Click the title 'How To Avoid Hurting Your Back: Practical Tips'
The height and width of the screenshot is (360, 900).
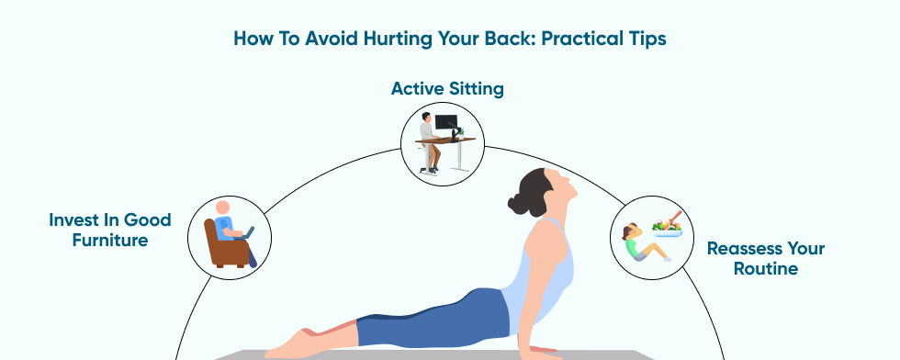pyautogui.click(x=449, y=39)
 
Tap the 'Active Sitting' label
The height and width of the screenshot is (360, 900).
pyautogui.click(x=447, y=89)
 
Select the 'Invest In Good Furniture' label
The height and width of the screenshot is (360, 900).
pyautogui.click(x=110, y=230)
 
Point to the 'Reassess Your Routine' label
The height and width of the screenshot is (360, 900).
pyautogui.click(x=766, y=258)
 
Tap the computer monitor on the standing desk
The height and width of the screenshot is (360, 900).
pyautogui.click(x=446, y=123)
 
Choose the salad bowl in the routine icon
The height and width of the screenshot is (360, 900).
pyautogui.click(x=667, y=230)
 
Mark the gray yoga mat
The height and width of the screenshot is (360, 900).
pyautogui.click(x=436, y=354)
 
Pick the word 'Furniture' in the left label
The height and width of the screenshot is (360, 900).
pyautogui.click(x=110, y=240)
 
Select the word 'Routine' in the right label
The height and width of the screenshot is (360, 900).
pyautogui.click(x=766, y=268)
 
